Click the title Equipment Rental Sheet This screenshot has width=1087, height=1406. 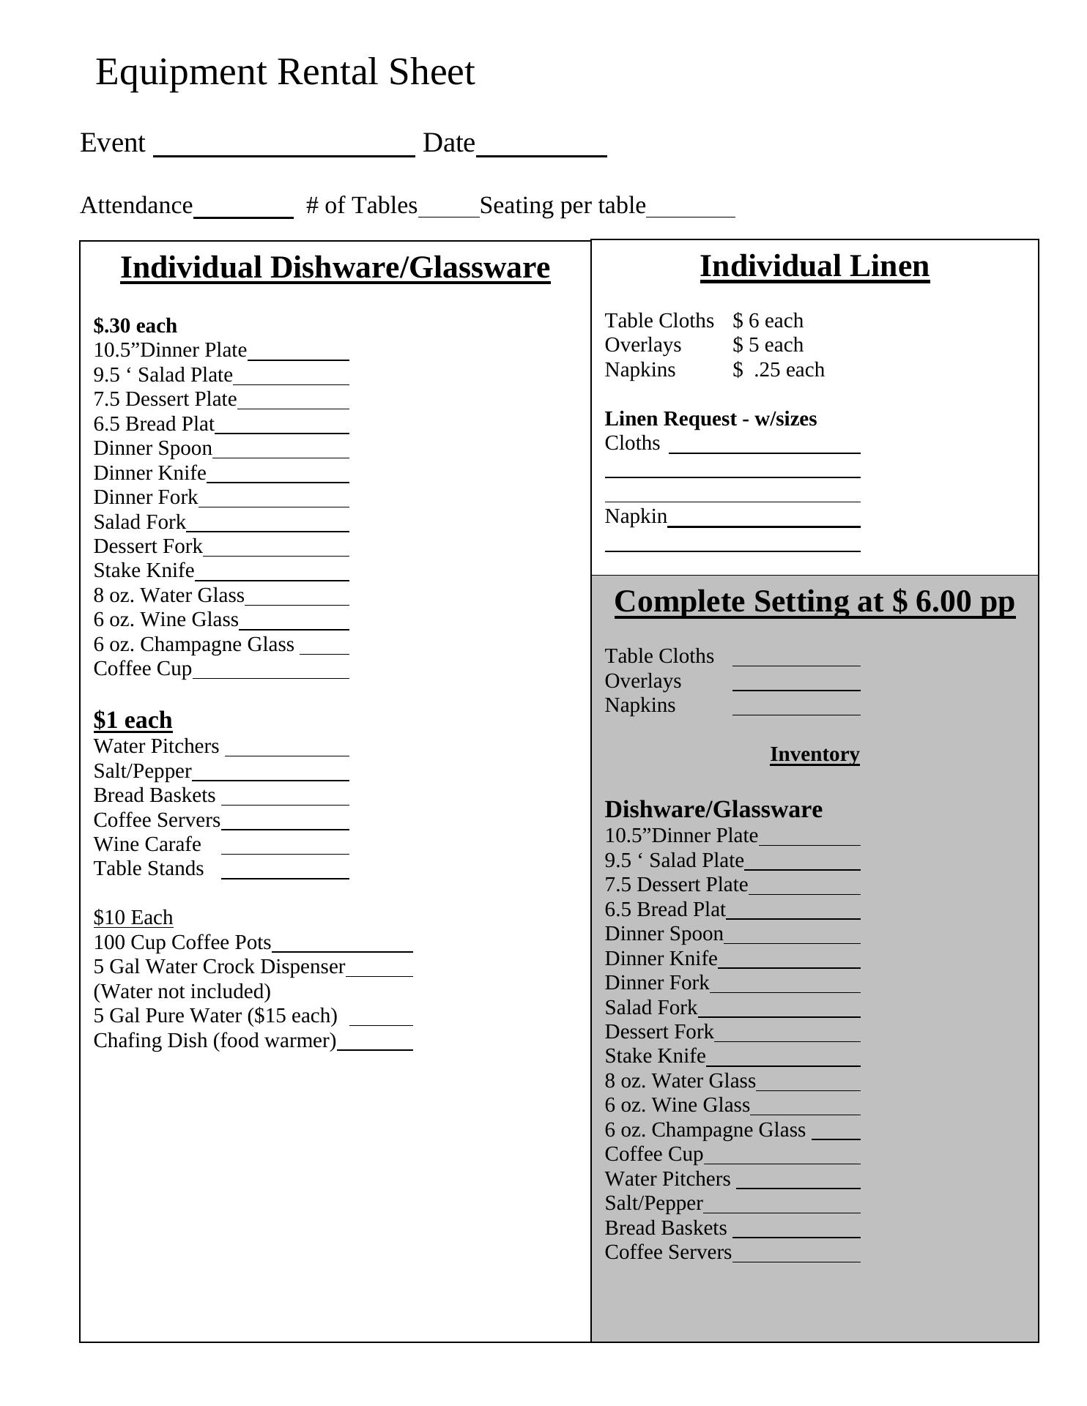tap(285, 72)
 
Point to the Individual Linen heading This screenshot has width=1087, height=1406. tap(815, 267)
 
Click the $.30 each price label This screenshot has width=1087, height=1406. tap(136, 326)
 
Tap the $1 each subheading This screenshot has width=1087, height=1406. tap(133, 721)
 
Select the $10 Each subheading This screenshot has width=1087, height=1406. tap(133, 918)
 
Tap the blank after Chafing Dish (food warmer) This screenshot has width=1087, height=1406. tap(375, 1046)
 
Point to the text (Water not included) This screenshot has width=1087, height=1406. tap(182, 992)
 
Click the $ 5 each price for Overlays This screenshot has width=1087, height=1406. tap(768, 345)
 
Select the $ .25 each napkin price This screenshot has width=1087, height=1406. tap(779, 370)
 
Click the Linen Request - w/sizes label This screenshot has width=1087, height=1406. tap(711, 419)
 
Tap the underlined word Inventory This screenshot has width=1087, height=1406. tap(815, 754)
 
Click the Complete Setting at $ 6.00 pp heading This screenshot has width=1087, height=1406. tap(815, 602)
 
